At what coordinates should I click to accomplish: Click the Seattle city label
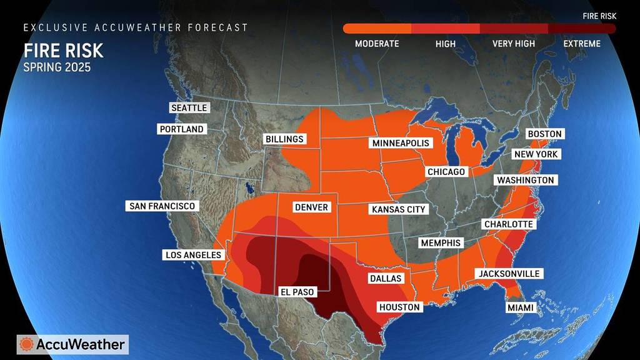[x=189, y=107]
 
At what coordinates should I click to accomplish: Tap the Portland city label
[x=181, y=129]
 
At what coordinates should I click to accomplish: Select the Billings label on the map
[x=284, y=139]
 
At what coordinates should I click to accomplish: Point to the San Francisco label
[x=162, y=206]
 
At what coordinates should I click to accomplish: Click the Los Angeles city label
[x=193, y=254]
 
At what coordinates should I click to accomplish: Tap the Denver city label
[x=311, y=207]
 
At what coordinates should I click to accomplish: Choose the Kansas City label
[x=398, y=209]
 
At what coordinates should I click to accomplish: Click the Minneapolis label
[x=401, y=143]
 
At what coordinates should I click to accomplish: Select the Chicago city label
[x=446, y=171]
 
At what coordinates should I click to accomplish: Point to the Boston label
[x=544, y=134]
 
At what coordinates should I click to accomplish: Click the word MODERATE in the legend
[x=377, y=44]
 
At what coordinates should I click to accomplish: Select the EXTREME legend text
[x=581, y=44]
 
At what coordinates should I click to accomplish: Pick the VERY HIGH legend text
[x=514, y=44]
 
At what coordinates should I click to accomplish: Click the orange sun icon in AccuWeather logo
[x=27, y=344]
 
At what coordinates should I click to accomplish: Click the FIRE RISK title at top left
[x=63, y=51]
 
